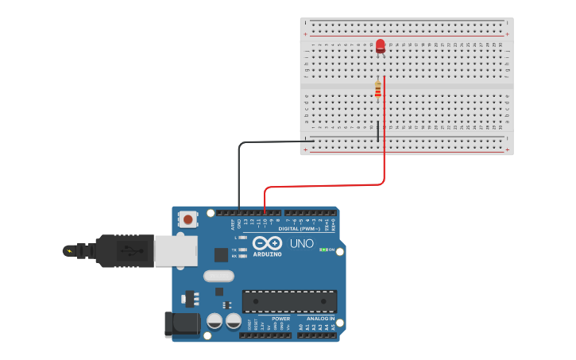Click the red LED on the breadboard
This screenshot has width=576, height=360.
tap(381, 45)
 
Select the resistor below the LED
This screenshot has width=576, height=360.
tap(378, 90)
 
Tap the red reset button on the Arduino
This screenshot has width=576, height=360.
tap(187, 218)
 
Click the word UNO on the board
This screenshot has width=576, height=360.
tap(301, 244)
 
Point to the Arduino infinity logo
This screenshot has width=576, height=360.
tap(268, 243)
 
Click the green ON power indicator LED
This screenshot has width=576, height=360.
tap(322, 250)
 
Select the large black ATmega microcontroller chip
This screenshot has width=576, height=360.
tap(289, 301)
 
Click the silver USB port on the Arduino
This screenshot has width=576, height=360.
tap(176, 251)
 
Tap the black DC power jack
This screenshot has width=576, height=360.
tap(180, 324)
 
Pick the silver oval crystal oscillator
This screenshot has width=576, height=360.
tap(218, 276)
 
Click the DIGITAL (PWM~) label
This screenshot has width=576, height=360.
tap(299, 229)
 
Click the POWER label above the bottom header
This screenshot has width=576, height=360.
tap(280, 318)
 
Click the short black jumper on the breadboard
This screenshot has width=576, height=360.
tap(378, 131)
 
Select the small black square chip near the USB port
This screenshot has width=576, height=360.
tap(221, 254)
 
